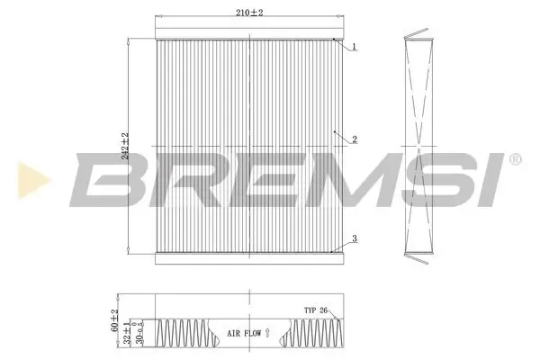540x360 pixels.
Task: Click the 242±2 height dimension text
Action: (x=126, y=147)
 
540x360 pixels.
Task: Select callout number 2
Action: (x=355, y=139)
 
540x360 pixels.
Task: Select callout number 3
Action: (x=355, y=238)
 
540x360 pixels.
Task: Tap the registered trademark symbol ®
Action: (x=514, y=159)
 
